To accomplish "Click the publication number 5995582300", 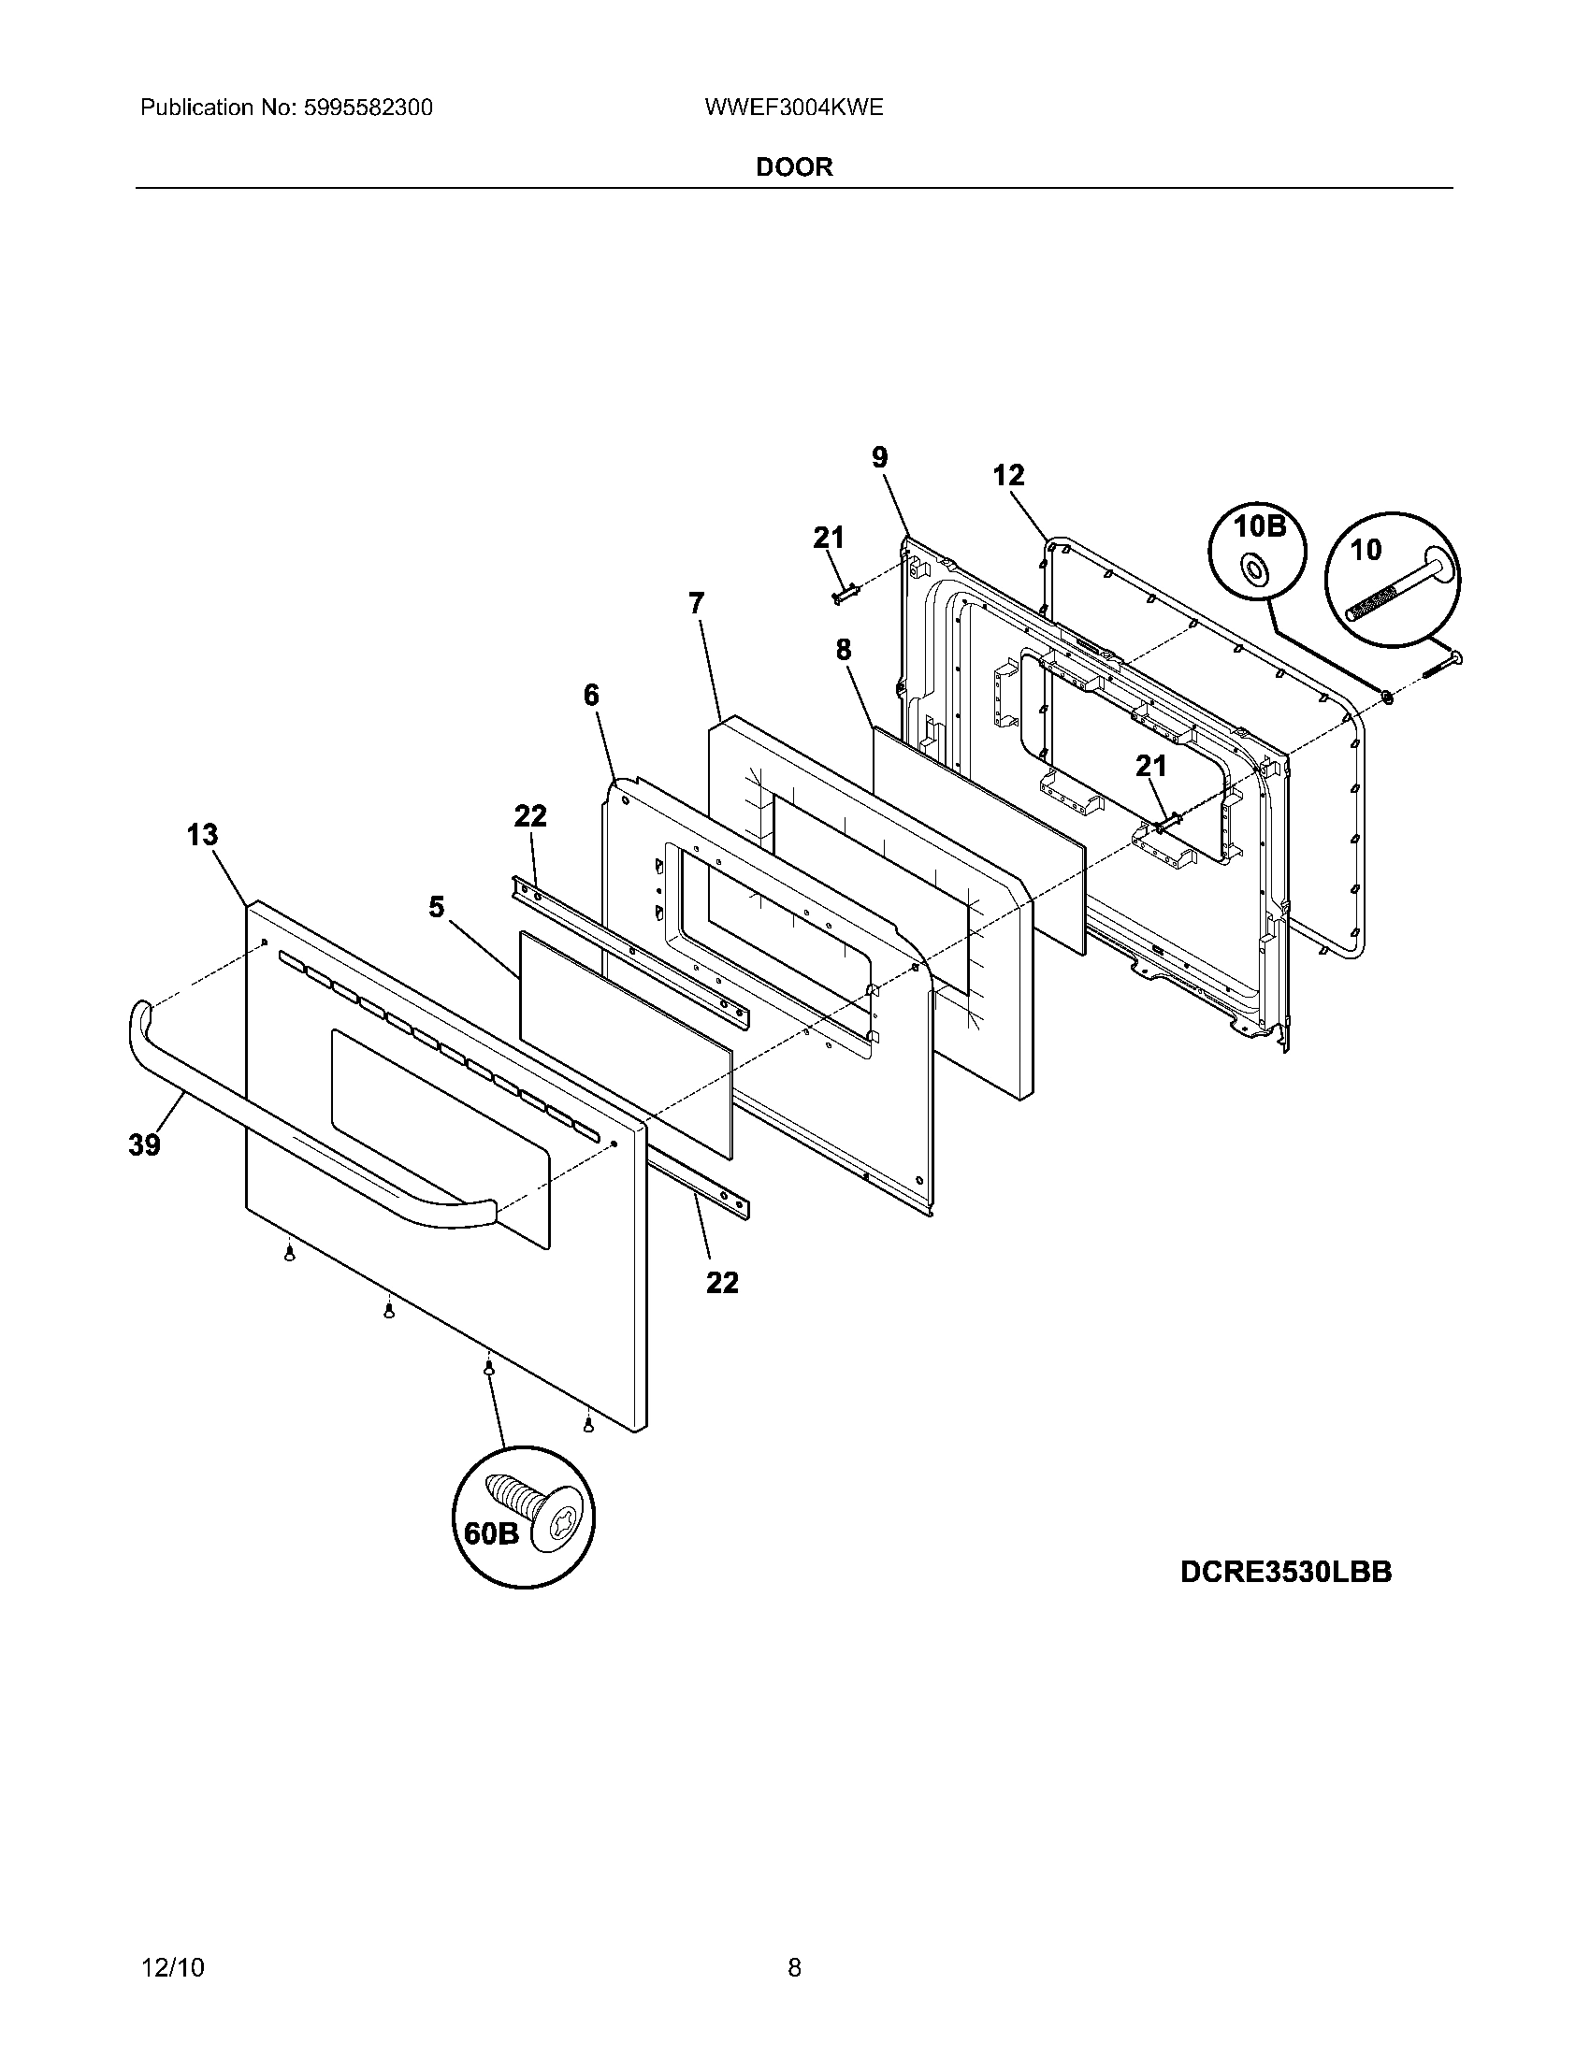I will point(368,108).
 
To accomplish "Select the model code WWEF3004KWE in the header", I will point(793,108).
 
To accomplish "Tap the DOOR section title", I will point(794,166).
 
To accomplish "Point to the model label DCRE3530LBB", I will point(1285,1572).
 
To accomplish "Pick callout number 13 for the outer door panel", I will point(202,834).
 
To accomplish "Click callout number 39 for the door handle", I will point(145,1144).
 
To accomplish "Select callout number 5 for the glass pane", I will point(436,907).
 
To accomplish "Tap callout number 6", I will point(590,695).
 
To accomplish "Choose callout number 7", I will point(696,603).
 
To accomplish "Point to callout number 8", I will point(843,649).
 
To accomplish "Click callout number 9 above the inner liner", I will point(879,458).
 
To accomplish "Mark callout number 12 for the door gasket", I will point(1008,476).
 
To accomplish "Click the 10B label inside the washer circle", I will point(1260,526).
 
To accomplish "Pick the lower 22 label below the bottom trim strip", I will point(722,1282).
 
